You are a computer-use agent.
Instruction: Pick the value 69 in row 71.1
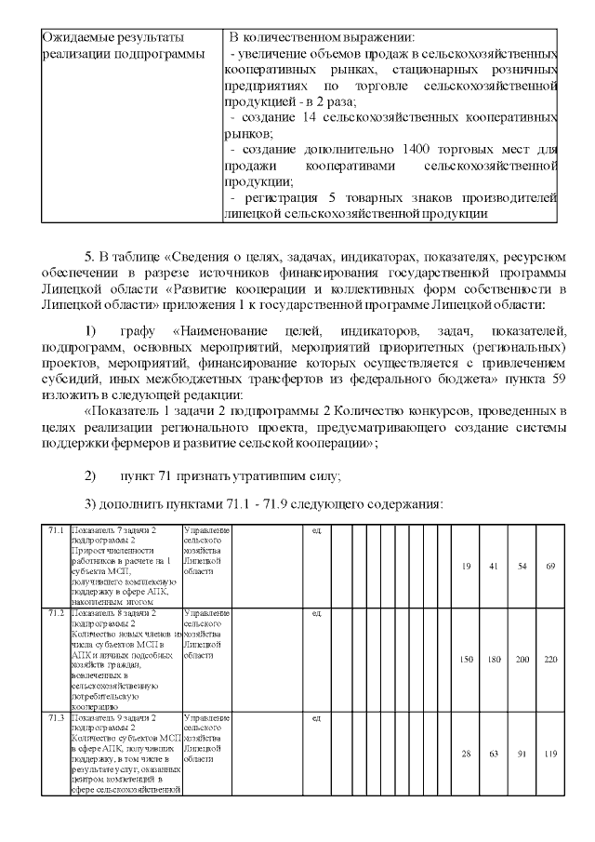pyautogui.click(x=550, y=566)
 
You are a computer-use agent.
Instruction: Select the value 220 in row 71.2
pyautogui.click(x=550, y=659)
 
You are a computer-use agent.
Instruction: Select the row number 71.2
pyautogui.click(x=56, y=613)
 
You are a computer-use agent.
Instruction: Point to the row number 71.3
pyautogui.click(x=56, y=718)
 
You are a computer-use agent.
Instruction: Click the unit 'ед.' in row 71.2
pyautogui.click(x=317, y=613)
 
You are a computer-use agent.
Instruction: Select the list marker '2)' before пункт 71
pyautogui.click(x=90, y=475)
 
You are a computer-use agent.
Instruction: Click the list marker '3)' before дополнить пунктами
pyautogui.click(x=90, y=503)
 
